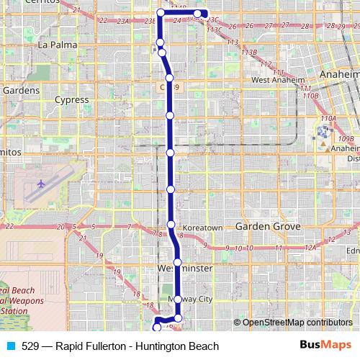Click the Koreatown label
[x=203, y=228]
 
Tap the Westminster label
[x=185, y=268]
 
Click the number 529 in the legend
[x=30, y=346]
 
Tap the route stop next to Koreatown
[x=171, y=225]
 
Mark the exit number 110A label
[x=328, y=118]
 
